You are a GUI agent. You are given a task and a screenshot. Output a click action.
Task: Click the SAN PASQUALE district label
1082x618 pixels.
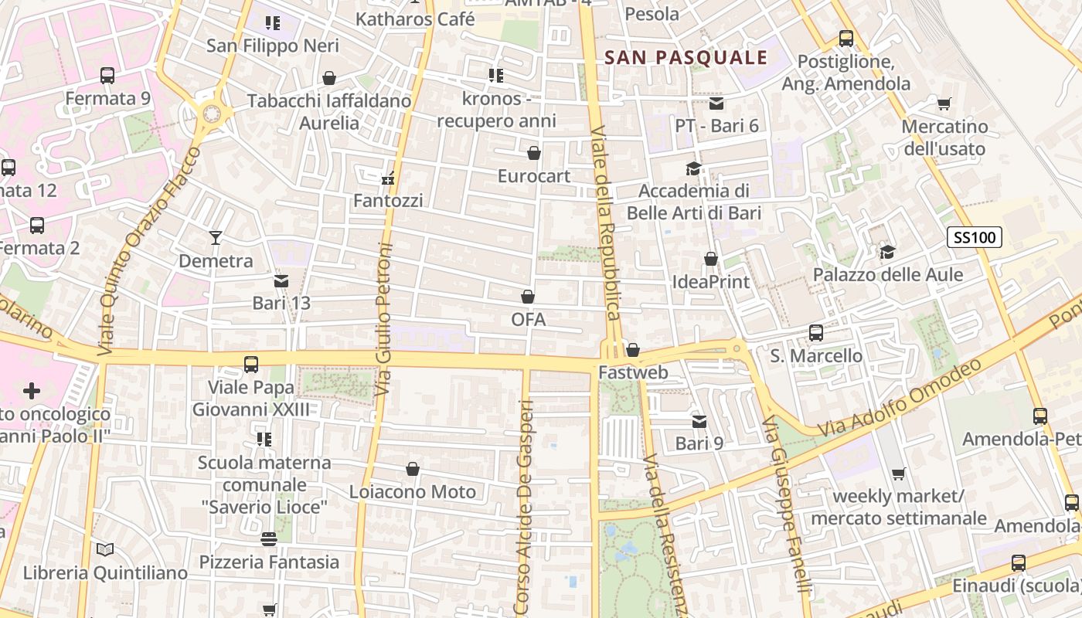tap(686, 57)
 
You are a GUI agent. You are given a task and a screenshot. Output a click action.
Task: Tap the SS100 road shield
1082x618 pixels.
tap(975, 237)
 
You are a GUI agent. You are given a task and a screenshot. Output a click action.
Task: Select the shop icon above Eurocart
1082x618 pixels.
tap(533, 153)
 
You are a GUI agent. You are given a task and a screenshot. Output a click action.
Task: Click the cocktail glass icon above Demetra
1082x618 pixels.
tap(216, 238)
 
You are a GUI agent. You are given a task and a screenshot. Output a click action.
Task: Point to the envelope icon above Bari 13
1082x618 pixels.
tap(281, 281)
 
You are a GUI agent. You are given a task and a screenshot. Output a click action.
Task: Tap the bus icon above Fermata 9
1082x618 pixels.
tap(107, 76)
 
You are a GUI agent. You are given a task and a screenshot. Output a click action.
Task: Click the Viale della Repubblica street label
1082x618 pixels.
tap(605, 224)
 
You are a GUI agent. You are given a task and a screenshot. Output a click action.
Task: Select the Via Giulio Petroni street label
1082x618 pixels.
tap(384, 321)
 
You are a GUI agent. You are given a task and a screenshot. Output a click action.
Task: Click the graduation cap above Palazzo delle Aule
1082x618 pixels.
tap(887, 252)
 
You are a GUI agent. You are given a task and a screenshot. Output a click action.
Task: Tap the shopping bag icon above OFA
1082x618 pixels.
tap(528, 297)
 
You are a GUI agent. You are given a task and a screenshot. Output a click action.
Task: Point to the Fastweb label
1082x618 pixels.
tap(633, 372)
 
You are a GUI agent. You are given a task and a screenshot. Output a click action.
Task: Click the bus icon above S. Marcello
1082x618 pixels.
tap(816, 333)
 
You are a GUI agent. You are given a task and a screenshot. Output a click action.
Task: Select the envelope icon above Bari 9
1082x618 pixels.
tap(699, 421)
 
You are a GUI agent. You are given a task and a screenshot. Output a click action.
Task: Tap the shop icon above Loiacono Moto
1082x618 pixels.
tap(413, 469)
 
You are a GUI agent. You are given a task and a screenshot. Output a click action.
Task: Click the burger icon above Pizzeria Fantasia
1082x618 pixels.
tap(269, 539)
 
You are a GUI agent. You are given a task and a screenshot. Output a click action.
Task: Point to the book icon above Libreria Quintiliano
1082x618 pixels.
tap(105, 549)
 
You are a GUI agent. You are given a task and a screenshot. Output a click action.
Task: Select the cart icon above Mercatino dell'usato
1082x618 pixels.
tap(944, 104)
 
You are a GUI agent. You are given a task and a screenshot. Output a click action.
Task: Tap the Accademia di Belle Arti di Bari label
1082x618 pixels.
tap(694, 202)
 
